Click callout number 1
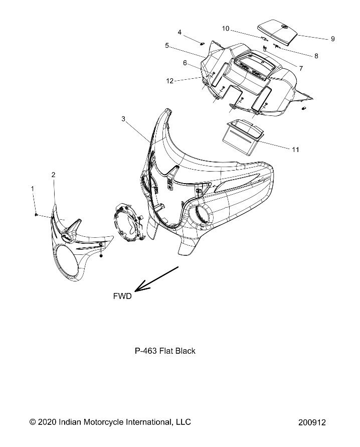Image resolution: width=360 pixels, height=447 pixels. coord(33,188)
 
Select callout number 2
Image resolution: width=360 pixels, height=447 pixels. coord(53,175)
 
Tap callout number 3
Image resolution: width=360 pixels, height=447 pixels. coord(123,119)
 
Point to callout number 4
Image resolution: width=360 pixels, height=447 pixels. coord(179,33)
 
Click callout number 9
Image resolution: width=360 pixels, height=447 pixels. coord(332,39)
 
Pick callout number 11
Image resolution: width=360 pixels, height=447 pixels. coord(295,150)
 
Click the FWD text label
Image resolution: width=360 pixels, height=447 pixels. coord(122,296)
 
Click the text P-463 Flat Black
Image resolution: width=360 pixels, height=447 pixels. coord(165,351)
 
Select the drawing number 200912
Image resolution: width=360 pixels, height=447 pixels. coord(312,422)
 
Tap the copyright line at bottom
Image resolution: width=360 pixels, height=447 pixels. coord(110,422)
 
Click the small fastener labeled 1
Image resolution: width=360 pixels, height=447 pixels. coord(37,215)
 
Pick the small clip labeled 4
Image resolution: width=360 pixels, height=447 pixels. coord(202,44)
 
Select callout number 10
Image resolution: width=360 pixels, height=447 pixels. coord(226,28)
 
